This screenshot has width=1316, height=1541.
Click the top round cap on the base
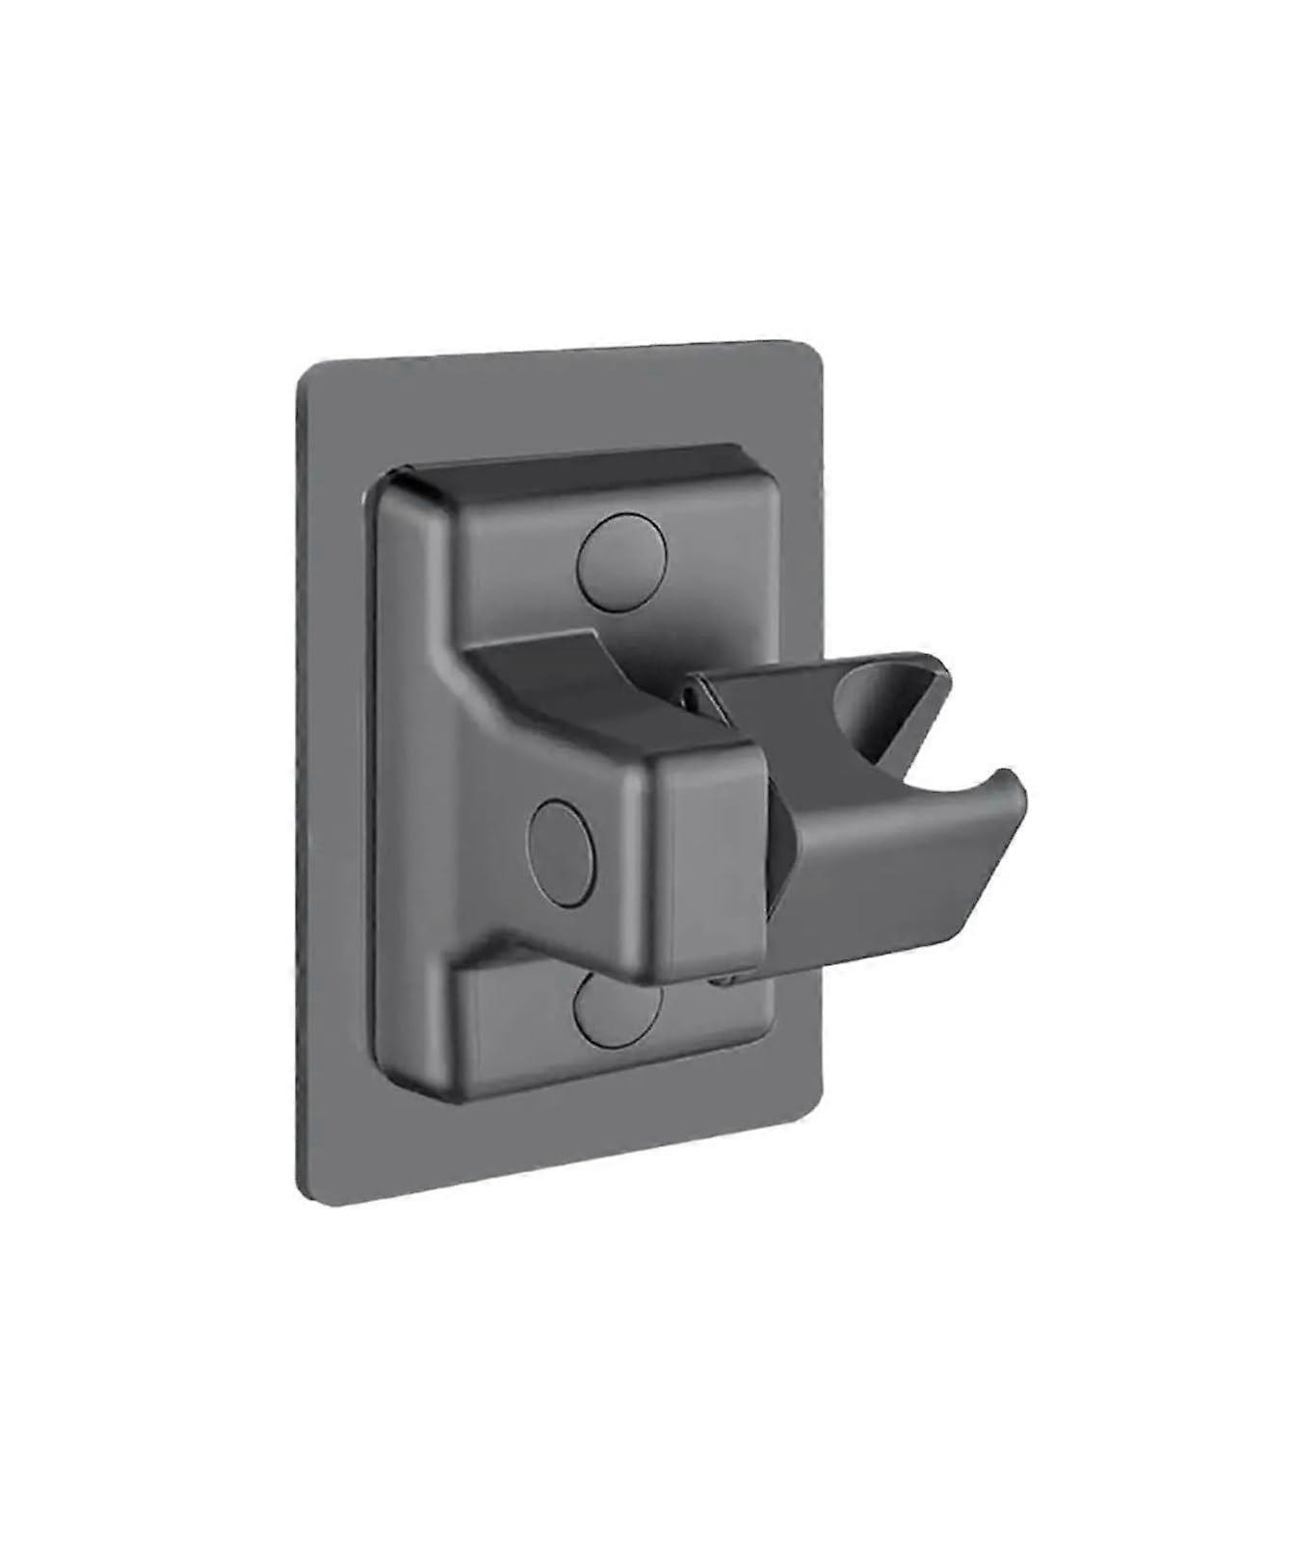pos(622,562)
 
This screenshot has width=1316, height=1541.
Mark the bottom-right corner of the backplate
pos(819,1094)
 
